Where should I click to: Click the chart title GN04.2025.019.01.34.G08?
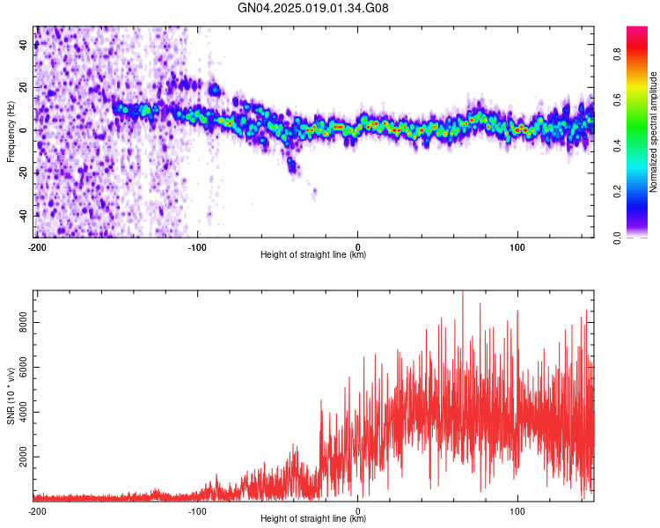(313, 8)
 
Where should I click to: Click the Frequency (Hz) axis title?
(11, 131)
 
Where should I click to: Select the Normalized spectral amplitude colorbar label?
(654, 133)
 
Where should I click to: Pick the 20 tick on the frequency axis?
(23, 88)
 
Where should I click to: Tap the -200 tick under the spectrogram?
(36, 247)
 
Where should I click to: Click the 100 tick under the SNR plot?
(517, 510)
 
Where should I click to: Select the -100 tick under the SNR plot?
(197, 510)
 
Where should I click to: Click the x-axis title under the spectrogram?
(313, 255)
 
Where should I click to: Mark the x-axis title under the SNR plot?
(313, 519)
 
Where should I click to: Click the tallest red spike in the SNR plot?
(462, 293)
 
